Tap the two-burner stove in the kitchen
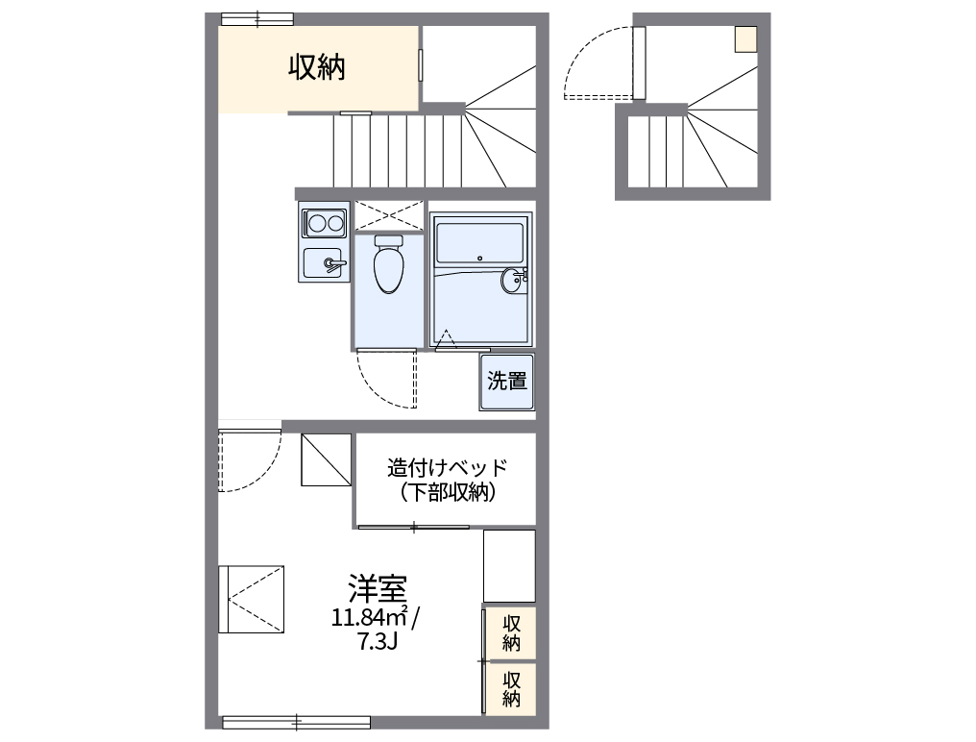pos(324,224)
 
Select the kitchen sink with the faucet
pos(324,261)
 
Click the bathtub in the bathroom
pos(478,241)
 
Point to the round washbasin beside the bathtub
pos(512,281)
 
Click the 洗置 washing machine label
pos(507,382)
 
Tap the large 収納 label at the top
pos(318,67)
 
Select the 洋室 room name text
pos(378,588)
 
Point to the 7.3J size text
pos(377,642)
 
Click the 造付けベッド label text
pos(447,468)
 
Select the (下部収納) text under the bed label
pos(447,493)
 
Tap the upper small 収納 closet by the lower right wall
pos(510,631)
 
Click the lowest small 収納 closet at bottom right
pos(510,687)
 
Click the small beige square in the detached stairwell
pos(745,39)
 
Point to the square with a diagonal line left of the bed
pos(327,459)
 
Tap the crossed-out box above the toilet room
pos(388,214)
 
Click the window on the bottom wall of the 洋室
pos(296,721)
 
